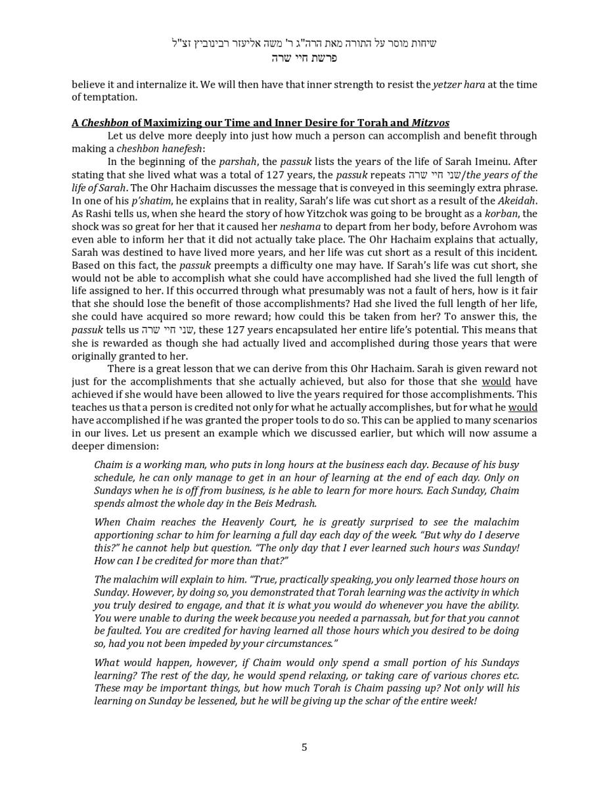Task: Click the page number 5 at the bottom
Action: pos(304,747)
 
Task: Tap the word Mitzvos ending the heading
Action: pos(430,123)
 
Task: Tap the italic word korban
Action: pos(501,214)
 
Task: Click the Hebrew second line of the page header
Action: pos(304,58)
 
